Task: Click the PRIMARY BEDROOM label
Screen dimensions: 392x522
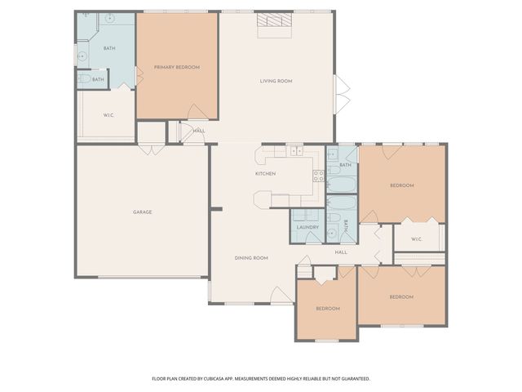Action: [x=177, y=67]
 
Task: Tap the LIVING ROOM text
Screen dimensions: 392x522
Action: [x=276, y=81]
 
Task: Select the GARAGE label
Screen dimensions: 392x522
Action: [x=143, y=212]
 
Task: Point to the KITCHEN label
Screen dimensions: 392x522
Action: [x=265, y=173]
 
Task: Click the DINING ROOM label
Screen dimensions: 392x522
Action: [x=251, y=258]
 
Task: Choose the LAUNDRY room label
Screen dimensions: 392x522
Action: [x=307, y=227]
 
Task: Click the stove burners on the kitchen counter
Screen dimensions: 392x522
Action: [x=318, y=175]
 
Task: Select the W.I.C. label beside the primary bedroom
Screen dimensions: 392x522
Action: [x=108, y=115]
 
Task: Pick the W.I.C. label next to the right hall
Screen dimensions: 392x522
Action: [x=416, y=239]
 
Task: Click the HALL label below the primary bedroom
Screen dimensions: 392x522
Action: [x=199, y=131]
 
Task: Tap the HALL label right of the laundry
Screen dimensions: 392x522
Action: [x=341, y=252]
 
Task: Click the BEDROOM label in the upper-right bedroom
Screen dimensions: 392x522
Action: [x=401, y=185]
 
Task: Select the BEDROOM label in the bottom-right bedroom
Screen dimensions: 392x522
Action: [x=400, y=296]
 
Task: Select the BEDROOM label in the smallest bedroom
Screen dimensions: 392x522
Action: [x=328, y=308]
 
